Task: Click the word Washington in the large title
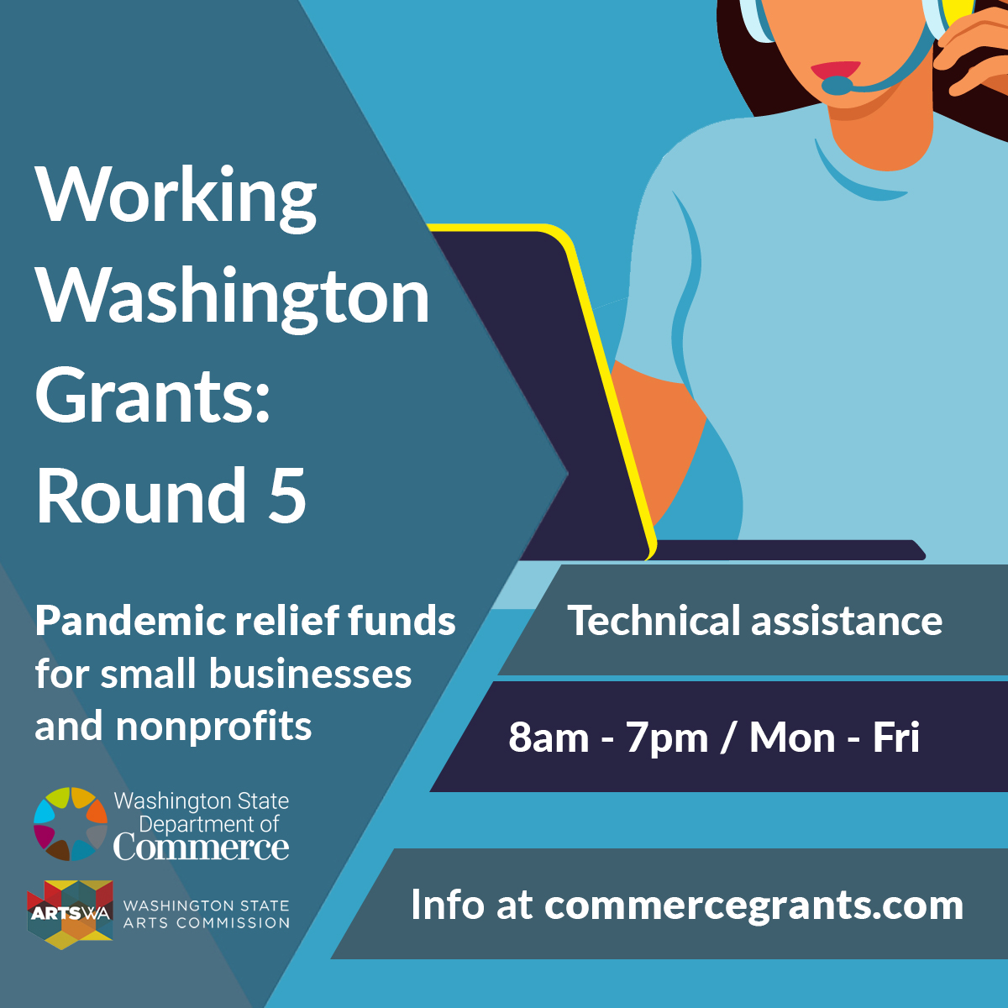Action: [x=232, y=298]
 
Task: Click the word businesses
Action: [x=310, y=674]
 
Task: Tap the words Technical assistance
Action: [x=755, y=621]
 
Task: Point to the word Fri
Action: [x=895, y=738]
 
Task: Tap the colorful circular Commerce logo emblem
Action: [x=71, y=824]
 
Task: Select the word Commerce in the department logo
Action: [x=202, y=848]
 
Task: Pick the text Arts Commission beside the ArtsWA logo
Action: [x=206, y=922]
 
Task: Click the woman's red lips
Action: [x=835, y=69]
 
